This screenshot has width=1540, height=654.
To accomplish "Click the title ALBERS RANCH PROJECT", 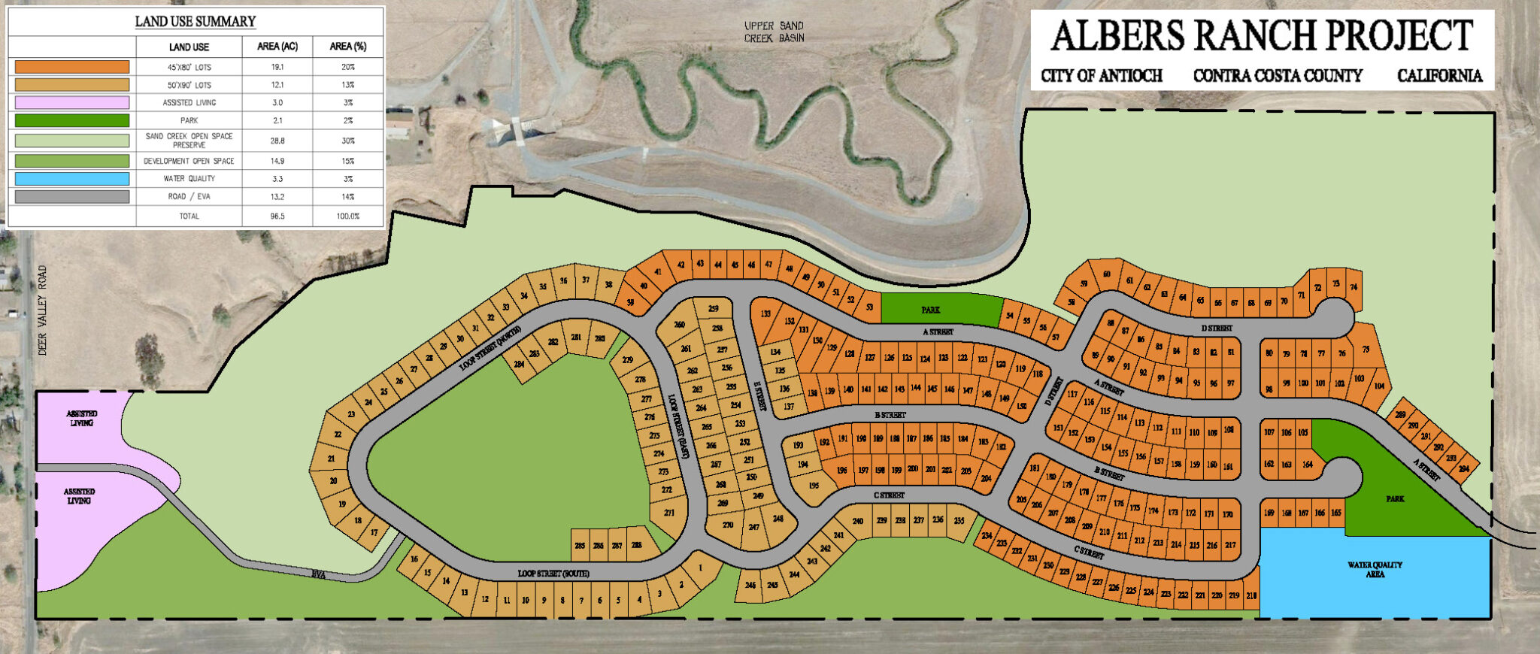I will (1261, 36).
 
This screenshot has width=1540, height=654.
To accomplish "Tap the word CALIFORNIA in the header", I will (1439, 76).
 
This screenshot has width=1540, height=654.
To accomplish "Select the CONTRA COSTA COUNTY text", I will (1278, 76).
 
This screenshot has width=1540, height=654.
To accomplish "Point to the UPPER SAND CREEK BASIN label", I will (774, 32).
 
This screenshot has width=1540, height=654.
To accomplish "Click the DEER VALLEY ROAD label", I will (43, 310).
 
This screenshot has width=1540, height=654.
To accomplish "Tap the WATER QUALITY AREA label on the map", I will (1375, 569).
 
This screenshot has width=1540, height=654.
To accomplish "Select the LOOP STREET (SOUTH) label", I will (553, 574).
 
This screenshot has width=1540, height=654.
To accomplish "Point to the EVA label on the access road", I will (319, 574).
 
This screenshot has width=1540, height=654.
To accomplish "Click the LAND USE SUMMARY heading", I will (196, 21).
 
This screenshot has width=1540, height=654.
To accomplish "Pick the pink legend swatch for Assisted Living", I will (72, 103).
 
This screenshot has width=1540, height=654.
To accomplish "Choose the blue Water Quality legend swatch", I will (72, 179).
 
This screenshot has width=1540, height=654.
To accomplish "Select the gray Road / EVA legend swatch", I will (72, 197).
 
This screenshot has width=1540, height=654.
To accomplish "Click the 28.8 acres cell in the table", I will (277, 141).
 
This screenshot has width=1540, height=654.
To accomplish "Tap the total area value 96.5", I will (277, 216).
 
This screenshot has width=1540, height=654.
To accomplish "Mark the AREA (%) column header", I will (347, 47).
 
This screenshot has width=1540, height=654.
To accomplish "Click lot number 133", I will (765, 314).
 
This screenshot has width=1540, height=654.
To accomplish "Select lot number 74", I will (1354, 287).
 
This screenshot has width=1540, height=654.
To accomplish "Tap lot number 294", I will (1463, 468).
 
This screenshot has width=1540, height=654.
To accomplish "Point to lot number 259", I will (714, 308).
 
